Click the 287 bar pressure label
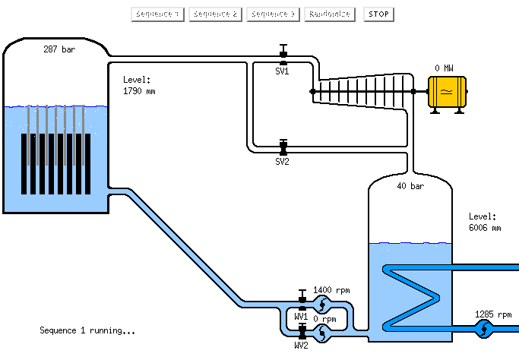click(x=59, y=49)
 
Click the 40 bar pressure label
click(x=410, y=186)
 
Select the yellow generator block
click(x=447, y=92)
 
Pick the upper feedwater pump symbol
click(x=323, y=305)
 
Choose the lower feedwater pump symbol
click(x=323, y=331)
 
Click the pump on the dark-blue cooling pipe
click(x=483, y=329)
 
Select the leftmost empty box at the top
click(x=157, y=14)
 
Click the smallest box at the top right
click(x=378, y=14)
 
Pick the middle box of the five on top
click(x=273, y=14)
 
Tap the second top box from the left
click(x=215, y=14)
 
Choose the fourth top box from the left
click(x=330, y=14)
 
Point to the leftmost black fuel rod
click(x=24, y=164)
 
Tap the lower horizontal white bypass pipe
click(x=342, y=149)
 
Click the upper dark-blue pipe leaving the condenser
click(x=479, y=267)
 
